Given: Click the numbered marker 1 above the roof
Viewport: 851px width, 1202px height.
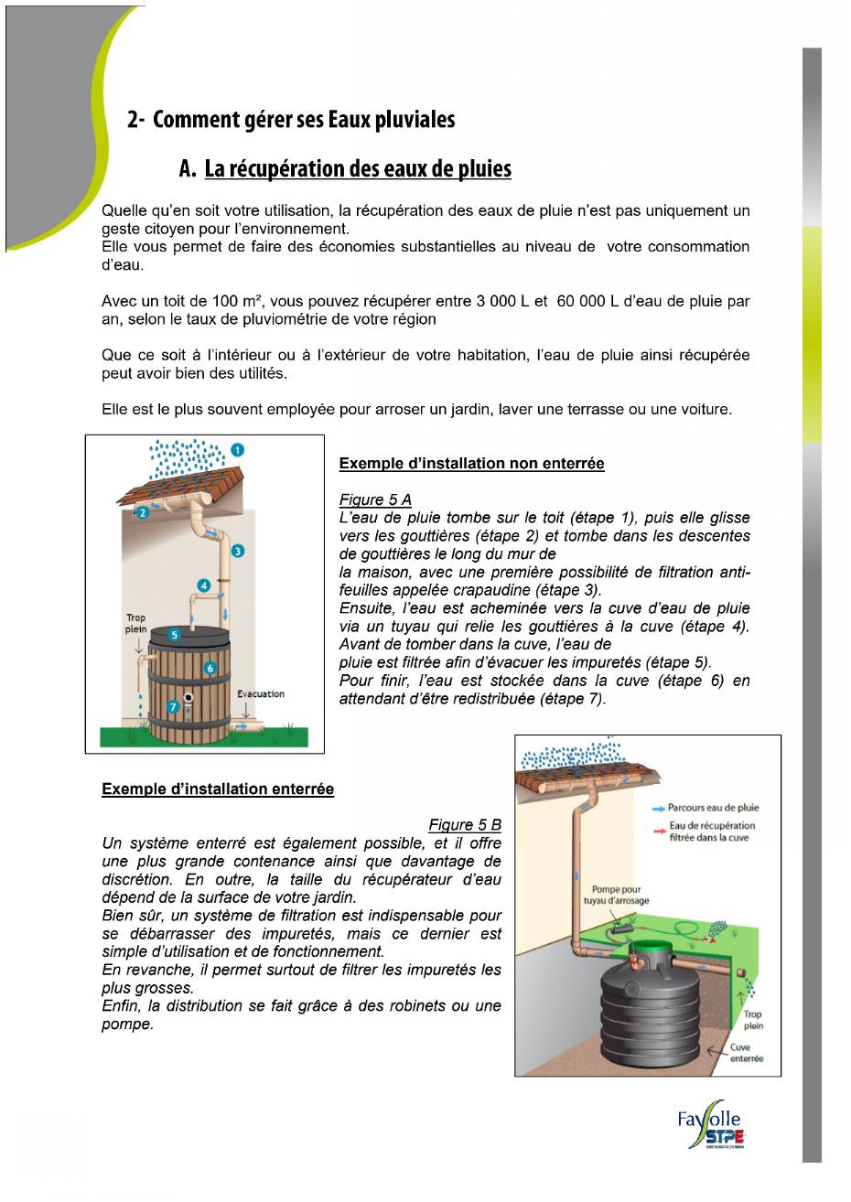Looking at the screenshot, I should (237, 449).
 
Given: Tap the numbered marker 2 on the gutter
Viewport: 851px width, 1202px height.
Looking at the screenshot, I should (143, 513).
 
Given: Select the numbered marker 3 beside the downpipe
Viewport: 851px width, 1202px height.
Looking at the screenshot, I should (238, 551).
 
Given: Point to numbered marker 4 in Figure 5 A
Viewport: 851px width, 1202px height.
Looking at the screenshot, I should (204, 585).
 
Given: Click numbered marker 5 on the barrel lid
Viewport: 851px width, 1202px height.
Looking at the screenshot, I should (175, 633).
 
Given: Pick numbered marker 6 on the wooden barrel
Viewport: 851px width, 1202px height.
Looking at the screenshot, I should (210, 669).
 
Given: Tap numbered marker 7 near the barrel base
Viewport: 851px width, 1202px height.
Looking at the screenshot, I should (173, 706).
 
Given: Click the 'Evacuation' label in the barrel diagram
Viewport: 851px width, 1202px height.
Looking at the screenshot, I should (261, 694).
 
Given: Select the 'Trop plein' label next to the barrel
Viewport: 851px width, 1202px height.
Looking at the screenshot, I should (135, 624).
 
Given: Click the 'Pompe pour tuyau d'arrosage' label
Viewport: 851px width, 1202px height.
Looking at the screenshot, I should (616, 895).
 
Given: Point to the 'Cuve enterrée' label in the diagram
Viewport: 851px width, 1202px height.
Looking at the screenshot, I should (747, 1053).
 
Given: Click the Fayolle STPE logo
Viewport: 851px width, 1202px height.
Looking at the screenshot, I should (709, 1125).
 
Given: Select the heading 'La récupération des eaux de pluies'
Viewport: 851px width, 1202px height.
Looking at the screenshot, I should (357, 169).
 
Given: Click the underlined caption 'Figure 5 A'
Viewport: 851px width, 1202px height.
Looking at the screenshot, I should (375, 499).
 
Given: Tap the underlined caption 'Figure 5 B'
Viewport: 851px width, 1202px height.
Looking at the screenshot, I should (465, 825).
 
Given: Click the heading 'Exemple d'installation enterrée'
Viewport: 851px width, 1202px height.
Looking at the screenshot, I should (218, 789).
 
